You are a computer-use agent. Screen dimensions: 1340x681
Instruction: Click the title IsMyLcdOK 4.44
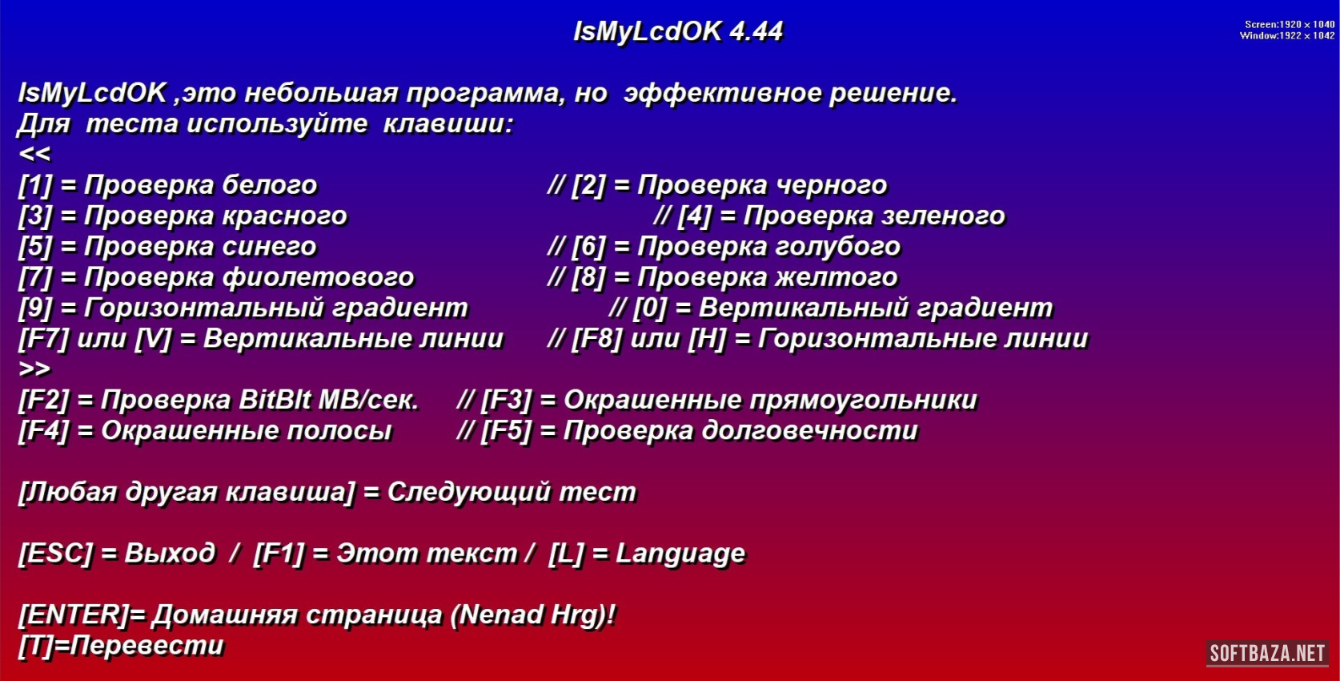click(678, 32)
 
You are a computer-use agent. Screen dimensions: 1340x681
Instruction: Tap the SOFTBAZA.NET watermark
click(1268, 653)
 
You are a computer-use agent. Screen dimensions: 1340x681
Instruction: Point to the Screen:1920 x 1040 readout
click(1290, 25)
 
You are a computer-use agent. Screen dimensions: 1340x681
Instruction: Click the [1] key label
click(35, 185)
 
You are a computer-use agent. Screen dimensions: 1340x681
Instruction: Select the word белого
click(270, 185)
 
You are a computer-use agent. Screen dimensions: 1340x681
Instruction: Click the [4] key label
click(694, 216)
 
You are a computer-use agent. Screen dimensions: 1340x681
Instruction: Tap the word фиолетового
click(319, 277)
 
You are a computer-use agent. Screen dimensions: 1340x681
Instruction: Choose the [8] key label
click(588, 277)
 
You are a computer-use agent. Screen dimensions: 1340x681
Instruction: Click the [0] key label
click(650, 308)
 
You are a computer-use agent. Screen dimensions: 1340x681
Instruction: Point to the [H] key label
click(707, 339)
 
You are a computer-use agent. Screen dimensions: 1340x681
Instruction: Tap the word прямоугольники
click(863, 401)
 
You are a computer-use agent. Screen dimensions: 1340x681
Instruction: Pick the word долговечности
click(810, 431)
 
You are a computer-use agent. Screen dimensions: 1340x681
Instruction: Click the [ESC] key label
click(56, 554)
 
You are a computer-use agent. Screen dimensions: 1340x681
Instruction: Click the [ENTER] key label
click(74, 615)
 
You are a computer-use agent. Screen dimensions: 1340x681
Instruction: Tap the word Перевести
click(147, 646)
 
